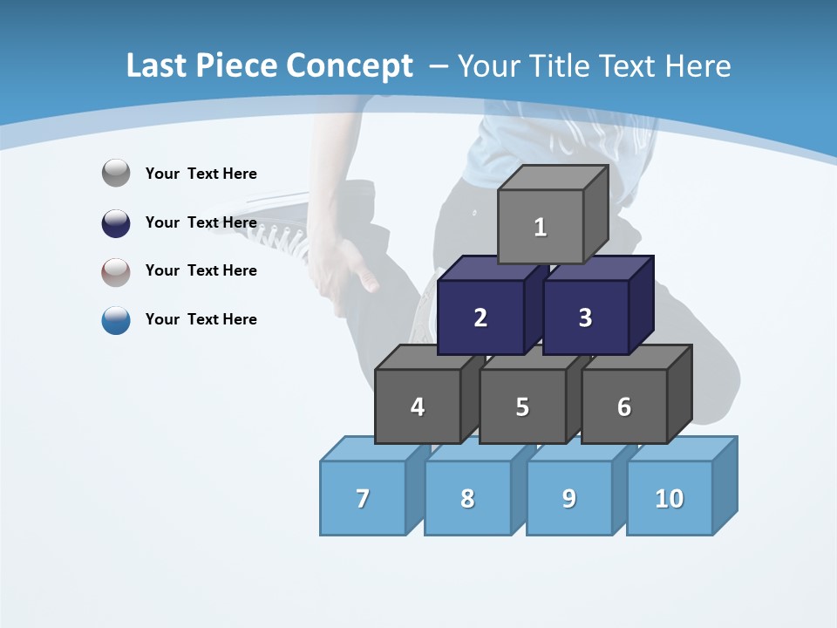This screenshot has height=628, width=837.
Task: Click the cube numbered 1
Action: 541,227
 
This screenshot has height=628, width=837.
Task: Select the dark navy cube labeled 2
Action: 480,317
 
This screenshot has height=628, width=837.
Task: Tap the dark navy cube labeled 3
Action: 585,317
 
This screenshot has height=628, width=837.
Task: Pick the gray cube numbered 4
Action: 418,406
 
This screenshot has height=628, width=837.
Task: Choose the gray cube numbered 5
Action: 522,406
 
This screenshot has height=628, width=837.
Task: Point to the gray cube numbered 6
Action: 624,406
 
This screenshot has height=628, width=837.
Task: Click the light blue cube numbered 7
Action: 363,498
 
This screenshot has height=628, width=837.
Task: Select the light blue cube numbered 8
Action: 467,498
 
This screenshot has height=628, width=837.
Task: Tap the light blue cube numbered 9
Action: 569,498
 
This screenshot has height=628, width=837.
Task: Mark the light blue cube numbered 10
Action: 670,498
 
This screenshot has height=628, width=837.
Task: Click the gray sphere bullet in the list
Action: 116,173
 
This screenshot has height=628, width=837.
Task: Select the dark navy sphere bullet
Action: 116,222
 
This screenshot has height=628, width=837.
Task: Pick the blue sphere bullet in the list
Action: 116,319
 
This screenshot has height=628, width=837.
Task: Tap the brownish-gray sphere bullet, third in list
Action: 116,271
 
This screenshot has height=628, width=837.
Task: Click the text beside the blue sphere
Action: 201,319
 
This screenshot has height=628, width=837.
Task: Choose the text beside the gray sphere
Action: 201,174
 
